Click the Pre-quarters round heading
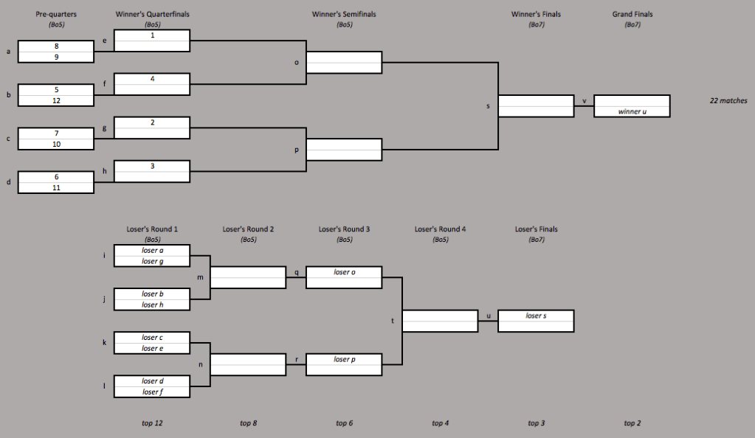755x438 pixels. (x=56, y=14)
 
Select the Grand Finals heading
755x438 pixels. (x=632, y=14)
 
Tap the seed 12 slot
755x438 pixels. (x=56, y=100)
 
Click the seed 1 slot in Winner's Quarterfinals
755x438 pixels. (x=152, y=35)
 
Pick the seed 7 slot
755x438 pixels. (x=56, y=133)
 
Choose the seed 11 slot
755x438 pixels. (x=56, y=188)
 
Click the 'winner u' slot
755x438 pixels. (x=632, y=111)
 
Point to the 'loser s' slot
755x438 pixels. (x=536, y=316)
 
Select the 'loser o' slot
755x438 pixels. (x=344, y=272)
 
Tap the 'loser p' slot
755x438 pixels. (x=344, y=359)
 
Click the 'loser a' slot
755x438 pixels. (x=152, y=251)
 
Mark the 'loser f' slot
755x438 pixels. (x=152, y=392)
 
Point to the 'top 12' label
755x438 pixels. (x=152, y=423)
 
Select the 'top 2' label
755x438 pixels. (x=632, y=423)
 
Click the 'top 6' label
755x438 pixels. (x=344, y=423)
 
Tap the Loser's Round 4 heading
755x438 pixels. (x=440, y=229)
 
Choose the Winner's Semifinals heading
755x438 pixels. (x=344, y=14)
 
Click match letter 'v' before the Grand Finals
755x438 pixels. (x=584, y=101)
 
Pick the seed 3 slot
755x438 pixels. (x=152, y=166)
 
